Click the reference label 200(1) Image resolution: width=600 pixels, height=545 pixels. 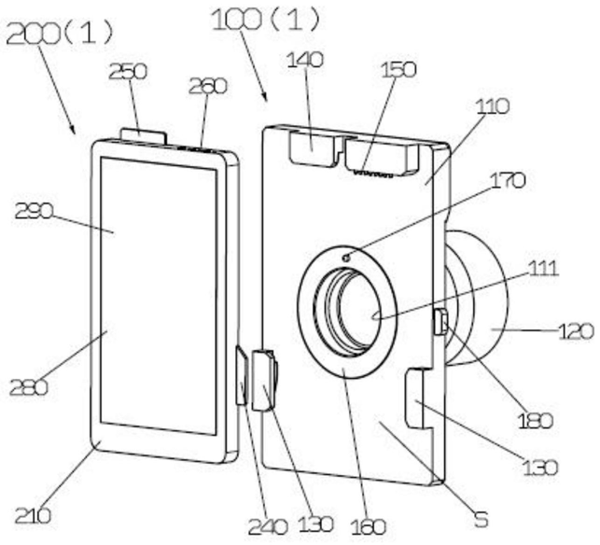tap(61, 33)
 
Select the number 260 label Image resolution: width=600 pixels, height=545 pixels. tap(207, 86)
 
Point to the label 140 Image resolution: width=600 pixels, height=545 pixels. tap(305, 60)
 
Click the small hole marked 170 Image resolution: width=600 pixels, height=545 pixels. tap(347, 255)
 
